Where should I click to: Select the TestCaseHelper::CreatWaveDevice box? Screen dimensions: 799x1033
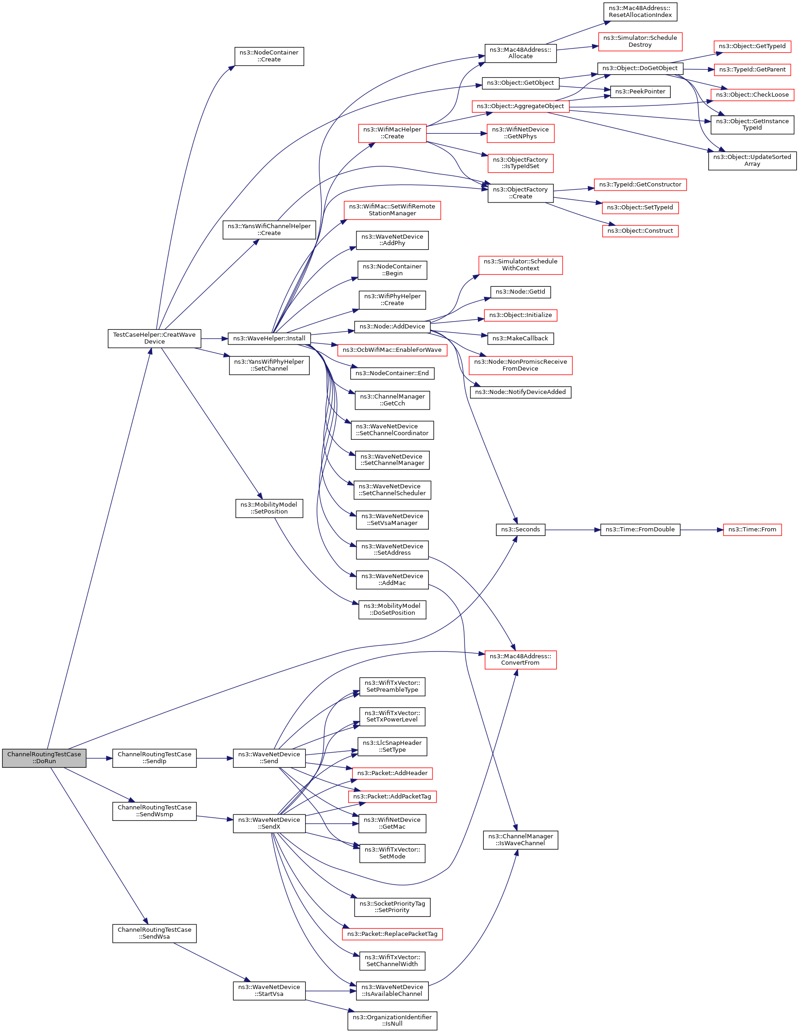pos(154,338)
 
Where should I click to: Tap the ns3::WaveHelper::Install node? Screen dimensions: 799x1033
pos(269,339)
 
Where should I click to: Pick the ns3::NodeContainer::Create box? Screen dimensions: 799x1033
pos(269,56)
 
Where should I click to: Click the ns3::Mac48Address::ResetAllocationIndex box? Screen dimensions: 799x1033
pos(640,12)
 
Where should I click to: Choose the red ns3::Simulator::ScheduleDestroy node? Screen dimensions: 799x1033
pos(640,42)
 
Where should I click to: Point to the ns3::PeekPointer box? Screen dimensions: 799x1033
pos(640,92)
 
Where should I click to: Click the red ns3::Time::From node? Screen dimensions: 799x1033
pos(752,530)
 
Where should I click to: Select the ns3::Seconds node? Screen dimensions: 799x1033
pos(520,530)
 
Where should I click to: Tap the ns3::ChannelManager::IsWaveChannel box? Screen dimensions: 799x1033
pos(520,840)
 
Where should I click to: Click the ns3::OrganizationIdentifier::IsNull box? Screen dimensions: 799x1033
pos(392,1020)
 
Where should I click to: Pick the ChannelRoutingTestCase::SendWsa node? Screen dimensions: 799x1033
pos(154,933)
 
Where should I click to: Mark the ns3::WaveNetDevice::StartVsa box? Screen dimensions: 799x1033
pos(269,990)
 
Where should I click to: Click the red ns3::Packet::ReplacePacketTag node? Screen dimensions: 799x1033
pos(392,934)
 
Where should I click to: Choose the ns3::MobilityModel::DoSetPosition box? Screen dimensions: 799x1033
pos(392,609)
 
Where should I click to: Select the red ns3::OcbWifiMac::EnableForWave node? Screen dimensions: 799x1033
pos(392,350)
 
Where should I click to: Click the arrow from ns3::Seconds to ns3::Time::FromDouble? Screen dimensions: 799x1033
pos(573,530)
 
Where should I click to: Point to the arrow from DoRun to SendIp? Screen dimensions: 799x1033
pos(99,758)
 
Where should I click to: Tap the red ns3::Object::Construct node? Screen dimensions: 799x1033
pos(640,231)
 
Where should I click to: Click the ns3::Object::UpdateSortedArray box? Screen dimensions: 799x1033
pos(752,160)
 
